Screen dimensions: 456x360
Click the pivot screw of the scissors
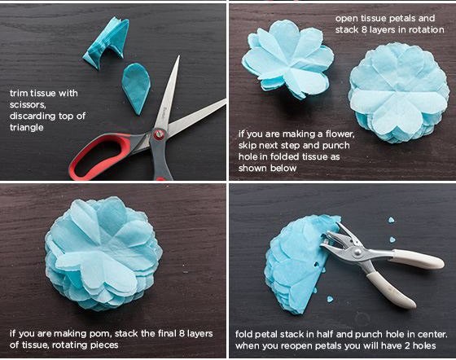click(x=159, y=134)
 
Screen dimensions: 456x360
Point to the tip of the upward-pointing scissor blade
click(x=178, y=56)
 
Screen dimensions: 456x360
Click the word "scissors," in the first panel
click(x=28, y=105)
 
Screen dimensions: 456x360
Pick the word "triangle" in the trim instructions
click(x=26, y=128)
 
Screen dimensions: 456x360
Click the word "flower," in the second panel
click(x=340, y=134)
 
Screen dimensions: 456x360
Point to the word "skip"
click(x=248, y=146)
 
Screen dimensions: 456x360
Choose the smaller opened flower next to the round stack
click(x=288, y=60)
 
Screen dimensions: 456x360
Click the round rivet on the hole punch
click(x=357, y=252)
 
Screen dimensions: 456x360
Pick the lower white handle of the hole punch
click(x=391, y=289)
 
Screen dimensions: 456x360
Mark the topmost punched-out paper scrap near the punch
click(x=392, y=220)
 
